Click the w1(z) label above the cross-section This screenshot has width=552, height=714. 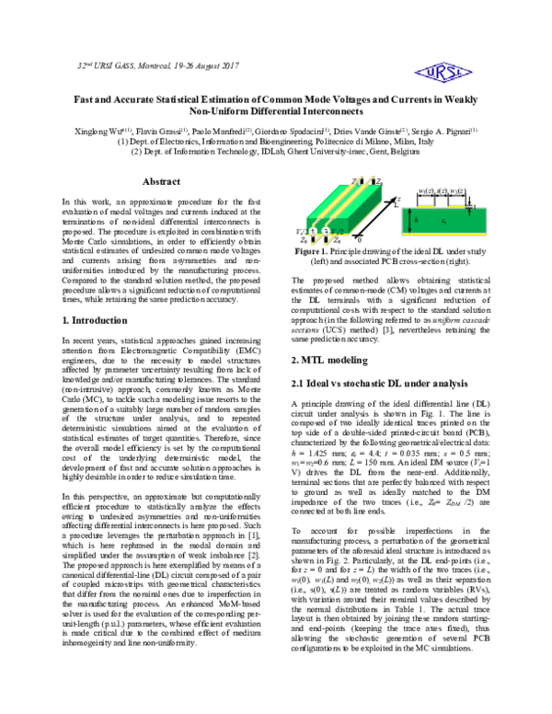click(426, 189)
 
